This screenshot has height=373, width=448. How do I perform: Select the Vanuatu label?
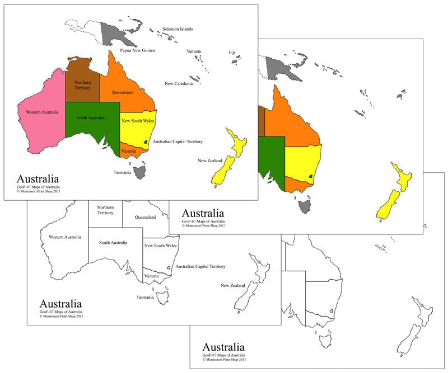(x=194, y=51)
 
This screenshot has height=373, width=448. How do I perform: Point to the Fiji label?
(x=232, y=52)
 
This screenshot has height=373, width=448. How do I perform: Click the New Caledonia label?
(x=179, y=84)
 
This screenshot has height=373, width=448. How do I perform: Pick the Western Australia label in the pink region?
(x=42, y=112)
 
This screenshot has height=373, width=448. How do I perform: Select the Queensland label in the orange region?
(x=123, y=92)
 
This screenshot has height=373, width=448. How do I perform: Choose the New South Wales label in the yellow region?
(x=138, y=121)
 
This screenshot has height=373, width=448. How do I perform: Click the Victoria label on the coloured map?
(x=128, y=151)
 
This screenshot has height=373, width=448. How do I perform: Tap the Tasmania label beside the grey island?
(x=122, y=172)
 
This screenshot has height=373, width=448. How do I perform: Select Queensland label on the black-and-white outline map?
(x=145, y=218)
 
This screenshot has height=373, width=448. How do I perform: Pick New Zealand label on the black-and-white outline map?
(x=233, y=285)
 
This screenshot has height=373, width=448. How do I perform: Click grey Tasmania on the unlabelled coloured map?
(x=305, y=207)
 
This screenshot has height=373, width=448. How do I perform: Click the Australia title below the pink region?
(x=38, y=180)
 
